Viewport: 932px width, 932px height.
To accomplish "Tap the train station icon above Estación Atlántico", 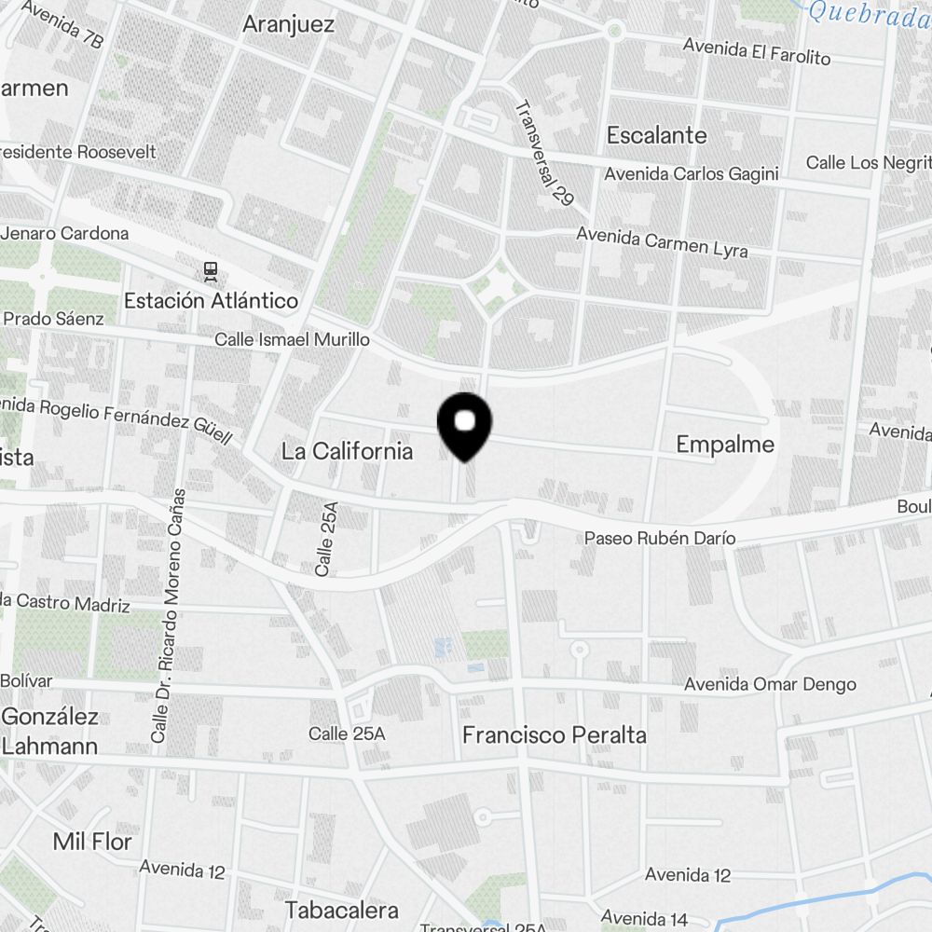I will tap(211, 271).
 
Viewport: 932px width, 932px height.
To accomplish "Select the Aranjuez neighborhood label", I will tap(288, 24).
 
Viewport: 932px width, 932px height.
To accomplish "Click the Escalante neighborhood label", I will tap(656, 135).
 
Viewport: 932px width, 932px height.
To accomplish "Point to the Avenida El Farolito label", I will tap(756, 50).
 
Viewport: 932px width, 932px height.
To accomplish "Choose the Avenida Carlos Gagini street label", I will tap(691, 173).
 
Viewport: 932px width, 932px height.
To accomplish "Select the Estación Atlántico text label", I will tap(211, 300).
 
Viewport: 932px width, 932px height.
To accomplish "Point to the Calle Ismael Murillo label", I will tap(292, 339).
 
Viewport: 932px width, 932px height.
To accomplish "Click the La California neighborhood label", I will tap(347, 451).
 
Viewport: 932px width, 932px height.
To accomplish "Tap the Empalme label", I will tap(725, 445).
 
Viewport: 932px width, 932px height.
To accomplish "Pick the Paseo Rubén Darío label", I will tap(659, 538).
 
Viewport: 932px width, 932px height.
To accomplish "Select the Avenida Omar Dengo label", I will tap(770, 684).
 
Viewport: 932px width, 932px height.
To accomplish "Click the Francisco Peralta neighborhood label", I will tap(554, 734).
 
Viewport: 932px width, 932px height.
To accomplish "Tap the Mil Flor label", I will tap(92, 842).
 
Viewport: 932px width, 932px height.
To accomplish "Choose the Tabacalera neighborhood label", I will tap(342, 910).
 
